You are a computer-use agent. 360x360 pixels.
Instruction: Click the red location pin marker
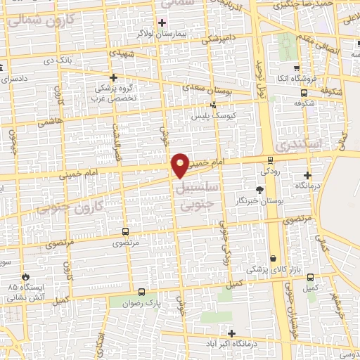tap(180, 165)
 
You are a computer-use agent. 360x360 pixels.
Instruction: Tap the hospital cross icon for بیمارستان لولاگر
tap(162, 22)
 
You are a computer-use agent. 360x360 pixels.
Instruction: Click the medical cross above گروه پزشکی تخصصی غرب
tap(113, 77)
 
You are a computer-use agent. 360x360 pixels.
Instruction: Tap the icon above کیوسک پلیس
tap(213, 104)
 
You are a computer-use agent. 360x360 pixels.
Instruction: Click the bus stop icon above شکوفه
tap(304, 91)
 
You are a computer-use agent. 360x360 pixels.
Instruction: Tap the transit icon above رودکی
tap(270, 160)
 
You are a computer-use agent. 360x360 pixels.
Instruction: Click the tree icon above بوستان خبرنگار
tap(259, 189)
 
